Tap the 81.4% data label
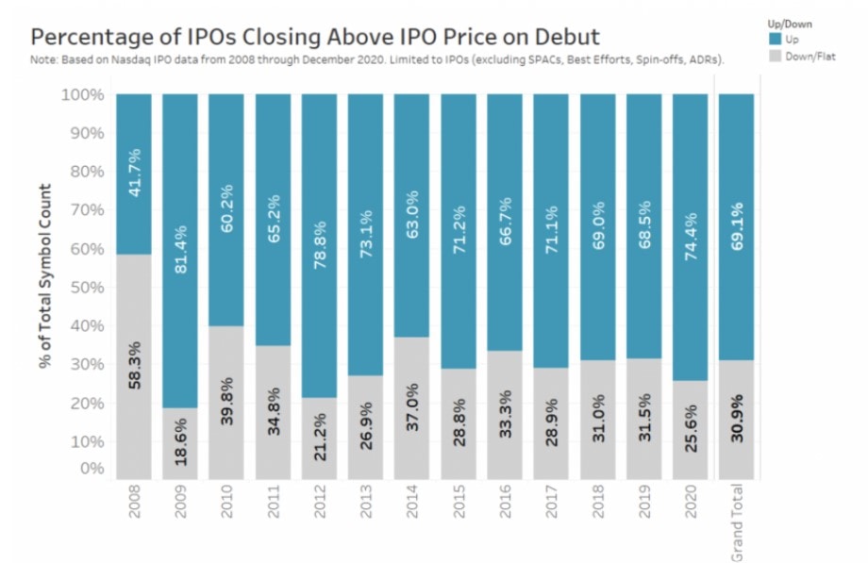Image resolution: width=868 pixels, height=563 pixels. click(179, 249)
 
